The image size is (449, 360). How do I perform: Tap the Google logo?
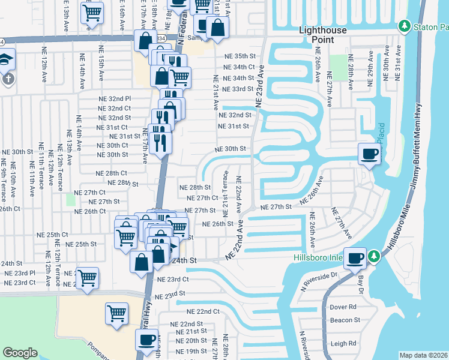coord(20,353)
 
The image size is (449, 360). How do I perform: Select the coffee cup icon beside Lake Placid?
coord(369,154)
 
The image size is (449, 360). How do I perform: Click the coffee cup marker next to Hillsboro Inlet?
coord(355,257)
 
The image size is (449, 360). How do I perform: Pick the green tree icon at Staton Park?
coord(405,26)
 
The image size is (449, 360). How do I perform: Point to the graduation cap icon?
coord(5,59)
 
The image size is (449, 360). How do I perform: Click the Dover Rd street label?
coord(343,307)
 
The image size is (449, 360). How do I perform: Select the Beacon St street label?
coord(345,320)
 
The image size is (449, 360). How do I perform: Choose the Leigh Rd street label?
coord(343,344)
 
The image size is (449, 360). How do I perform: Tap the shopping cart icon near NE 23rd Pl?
coord(88,278)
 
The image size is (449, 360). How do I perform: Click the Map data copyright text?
coord(424,355)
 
